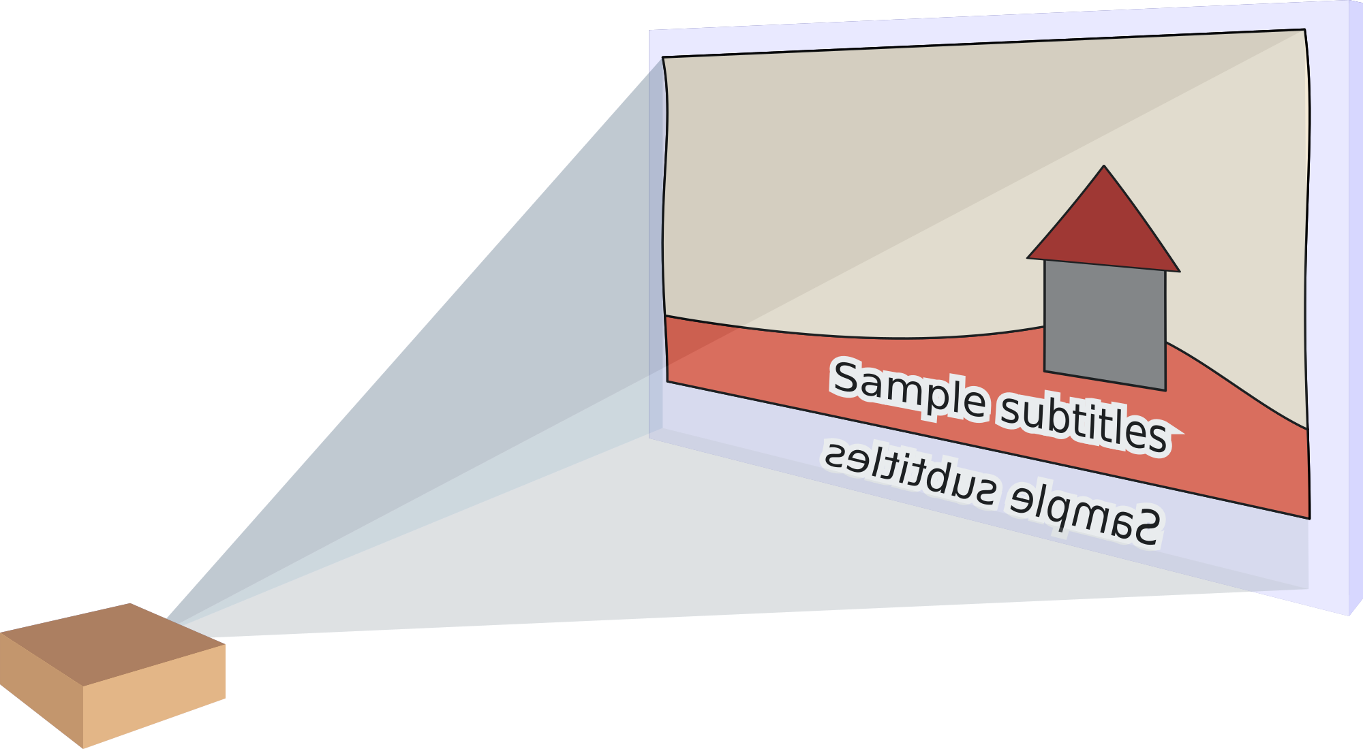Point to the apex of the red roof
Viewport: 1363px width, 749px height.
[x=1104, y=166]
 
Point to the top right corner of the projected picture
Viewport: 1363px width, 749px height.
[x=1304, y=30]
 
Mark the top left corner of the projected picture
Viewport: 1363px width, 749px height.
[x=663, y=57]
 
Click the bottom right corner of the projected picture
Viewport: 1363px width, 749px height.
[x=1309, y=518]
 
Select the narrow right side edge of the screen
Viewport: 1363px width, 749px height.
[x=1356, y=306]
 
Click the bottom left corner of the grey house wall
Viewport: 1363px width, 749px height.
[x=1045, y=371]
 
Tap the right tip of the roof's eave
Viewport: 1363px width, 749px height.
[x=1179, y=271]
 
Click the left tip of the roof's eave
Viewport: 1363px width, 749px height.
[x=1028, y=258]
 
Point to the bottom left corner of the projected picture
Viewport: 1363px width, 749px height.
[x=668, y=381]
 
